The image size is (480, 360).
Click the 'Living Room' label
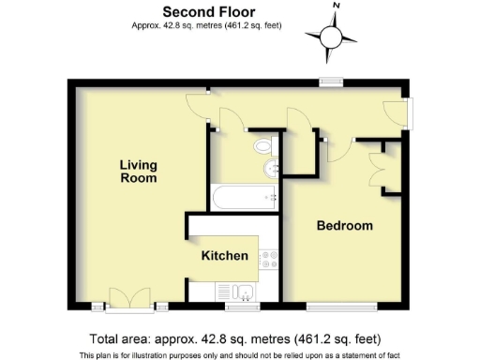[138, 172]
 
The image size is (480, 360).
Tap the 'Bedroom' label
[344, 226]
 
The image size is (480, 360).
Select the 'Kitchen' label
[225, 256]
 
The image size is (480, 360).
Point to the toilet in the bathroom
[263, 146]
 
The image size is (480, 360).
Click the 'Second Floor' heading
[197, 11]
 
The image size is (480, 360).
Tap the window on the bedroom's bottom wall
[343, 306]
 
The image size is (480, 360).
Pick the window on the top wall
[329, 80]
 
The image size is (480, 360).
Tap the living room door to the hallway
[198, 102]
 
